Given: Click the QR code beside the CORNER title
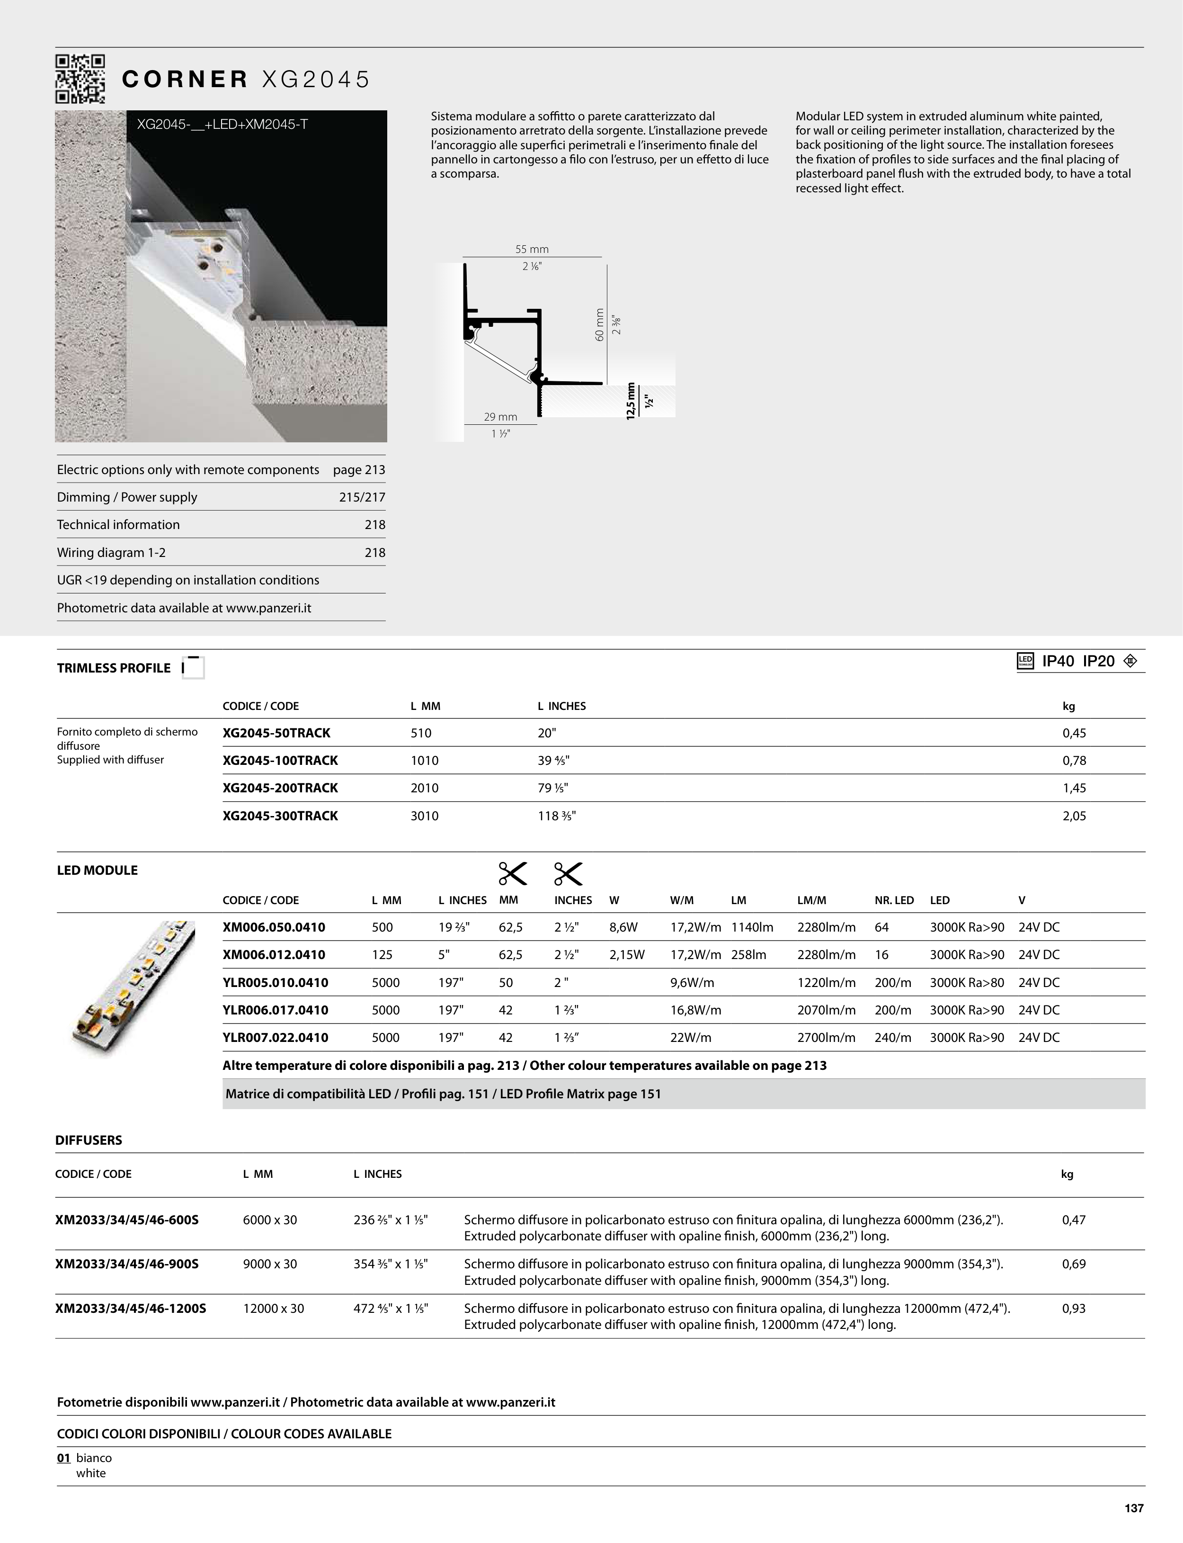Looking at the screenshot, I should pos(80,79).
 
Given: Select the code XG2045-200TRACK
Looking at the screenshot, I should pos(280,788).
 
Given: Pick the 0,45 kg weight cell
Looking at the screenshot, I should pos(1074,733).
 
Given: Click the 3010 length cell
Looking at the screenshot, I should pos(425,816).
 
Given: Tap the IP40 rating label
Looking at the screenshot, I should pos(1058,661).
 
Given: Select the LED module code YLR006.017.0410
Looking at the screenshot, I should pos(276,1010).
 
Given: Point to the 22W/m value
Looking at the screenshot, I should pos(691,1037).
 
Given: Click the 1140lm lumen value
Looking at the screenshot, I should pos(752,927).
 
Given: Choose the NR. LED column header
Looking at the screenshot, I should pos(894,900).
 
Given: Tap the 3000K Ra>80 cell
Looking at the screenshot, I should pos(967,982).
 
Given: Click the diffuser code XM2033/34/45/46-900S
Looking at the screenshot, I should pos(127,1264).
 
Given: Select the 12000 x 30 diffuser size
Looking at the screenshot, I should pos(273,1309).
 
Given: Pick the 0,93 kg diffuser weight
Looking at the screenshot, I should pos(1074,1309).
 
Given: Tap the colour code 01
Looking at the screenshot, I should pos(63,1458).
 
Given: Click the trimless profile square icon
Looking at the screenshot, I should pos(194,667).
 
